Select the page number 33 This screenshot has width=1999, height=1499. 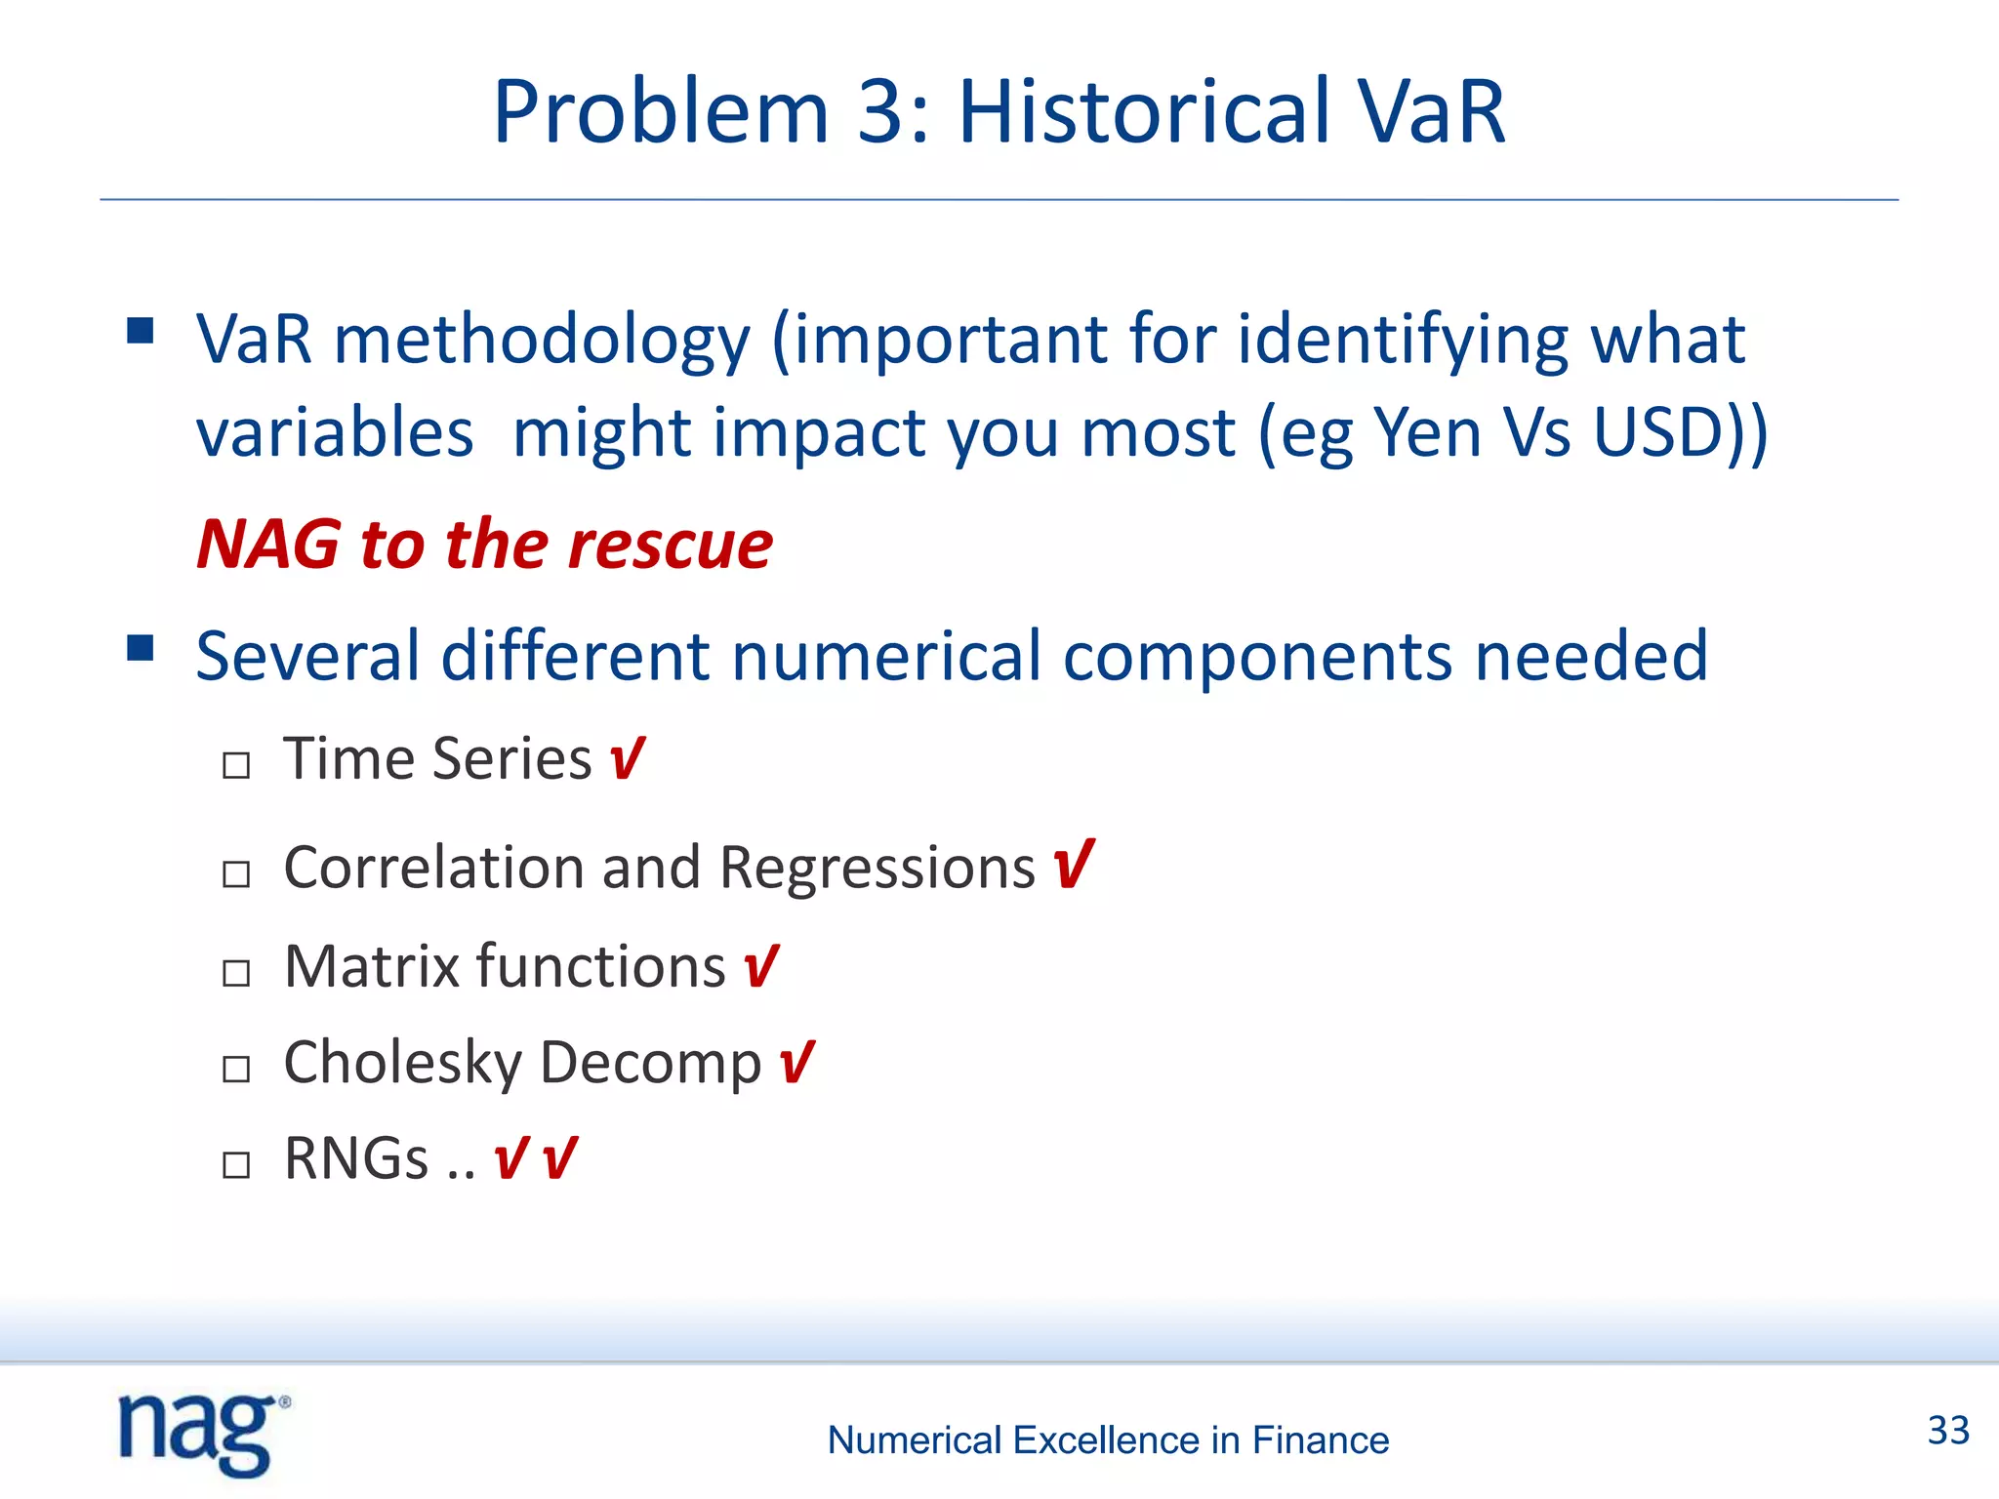(1948, 1431)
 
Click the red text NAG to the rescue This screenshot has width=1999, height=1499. (484, 545)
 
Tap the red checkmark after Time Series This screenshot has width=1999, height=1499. (627, 758)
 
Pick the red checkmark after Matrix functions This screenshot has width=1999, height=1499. (760, 966)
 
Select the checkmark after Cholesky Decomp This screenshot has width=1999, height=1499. (796, 1062)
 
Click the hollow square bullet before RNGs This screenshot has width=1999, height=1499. (236, 1165)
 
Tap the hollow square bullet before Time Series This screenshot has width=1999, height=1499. (236, 765)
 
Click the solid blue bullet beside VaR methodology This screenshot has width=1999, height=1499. (141, 331)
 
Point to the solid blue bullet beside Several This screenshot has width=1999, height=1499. (141, 648)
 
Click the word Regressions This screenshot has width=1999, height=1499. (877, 869)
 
